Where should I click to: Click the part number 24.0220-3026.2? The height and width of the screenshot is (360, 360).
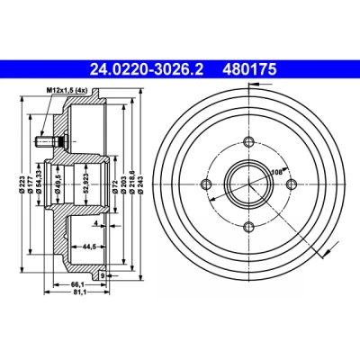coord(147,69)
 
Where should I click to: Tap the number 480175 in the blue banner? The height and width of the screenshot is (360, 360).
coord(249,69)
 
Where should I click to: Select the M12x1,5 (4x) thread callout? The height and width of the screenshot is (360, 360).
coord(66,90)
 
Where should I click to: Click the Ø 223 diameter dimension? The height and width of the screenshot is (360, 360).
coord(22,184)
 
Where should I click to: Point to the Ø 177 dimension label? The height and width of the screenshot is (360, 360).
coord(30,184)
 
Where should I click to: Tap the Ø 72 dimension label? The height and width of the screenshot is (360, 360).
coord(115,184)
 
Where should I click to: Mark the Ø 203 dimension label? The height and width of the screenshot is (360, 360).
coord(123,184)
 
